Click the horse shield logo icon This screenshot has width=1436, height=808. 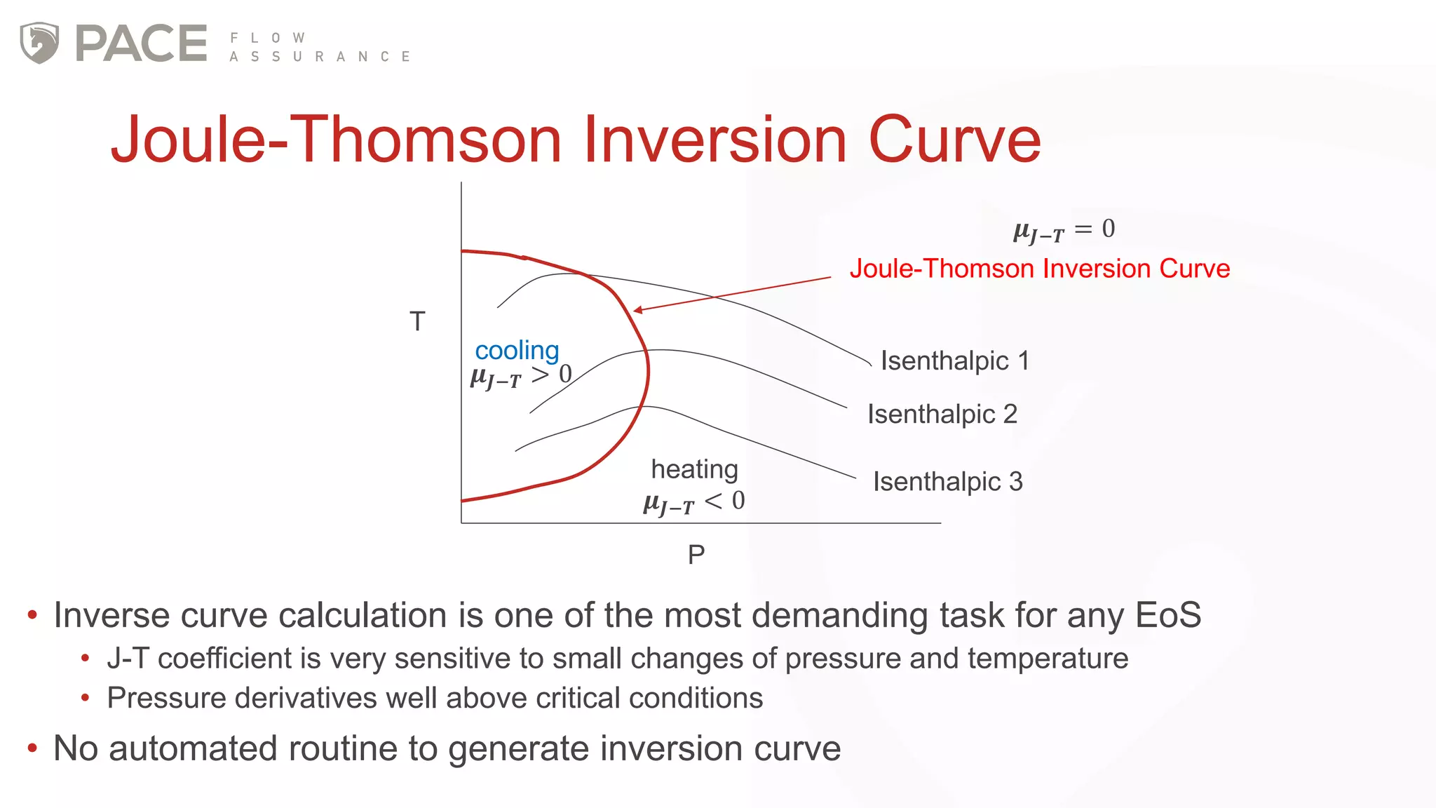[39, 43]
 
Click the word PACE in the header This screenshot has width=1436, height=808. [141, 43]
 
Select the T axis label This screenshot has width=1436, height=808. [417, 322]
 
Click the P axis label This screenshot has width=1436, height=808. [696, 555]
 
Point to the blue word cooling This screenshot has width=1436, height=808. [517, 350]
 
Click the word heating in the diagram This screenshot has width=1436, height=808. [694, 469]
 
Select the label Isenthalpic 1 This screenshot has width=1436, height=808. [954, 361]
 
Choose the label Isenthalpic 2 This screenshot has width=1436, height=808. [942, 415]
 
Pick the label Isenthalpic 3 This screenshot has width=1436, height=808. [947, 482]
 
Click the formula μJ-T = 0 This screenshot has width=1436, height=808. [1064, 230]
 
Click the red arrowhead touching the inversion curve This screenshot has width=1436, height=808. [637, 309]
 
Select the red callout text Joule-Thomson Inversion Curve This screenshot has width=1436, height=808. [1039, 269]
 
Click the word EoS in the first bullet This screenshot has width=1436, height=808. [1167, 615]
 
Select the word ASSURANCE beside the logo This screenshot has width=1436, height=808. [320, 57]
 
